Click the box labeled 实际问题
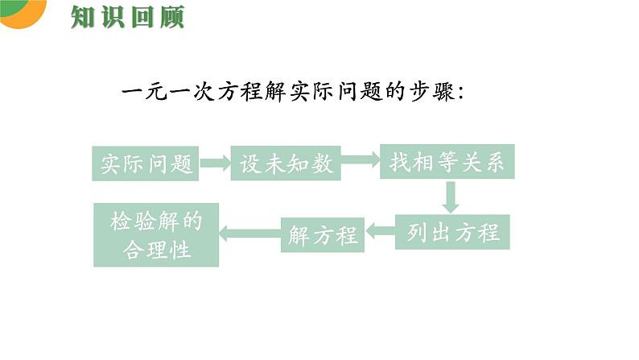pyautogui.click(x=146, y=163)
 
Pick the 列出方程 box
pyautogui.click(x=453, y=233)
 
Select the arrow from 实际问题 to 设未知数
pyautogui.click(x=214, y=163)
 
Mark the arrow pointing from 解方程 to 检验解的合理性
pyautogui.click(x=249, y=234)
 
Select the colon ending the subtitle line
pyautogui.click(x=460, y=93)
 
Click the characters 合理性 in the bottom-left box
pyautogui.click(x=157, y=250)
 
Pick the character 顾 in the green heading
pyautogui.click(x=171, y=16)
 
